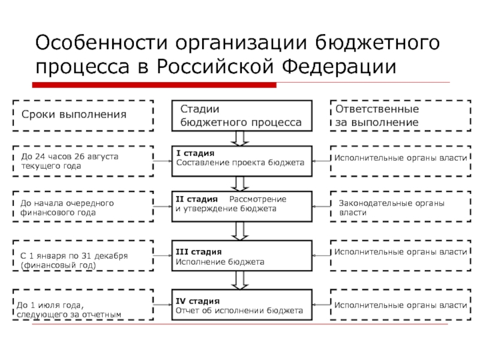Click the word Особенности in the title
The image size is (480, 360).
point(101,42)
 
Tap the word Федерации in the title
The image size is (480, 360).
point(339,67)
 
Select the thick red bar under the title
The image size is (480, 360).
point(154,85)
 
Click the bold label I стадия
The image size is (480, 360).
point(196,153)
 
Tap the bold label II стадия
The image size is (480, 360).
point(197,199)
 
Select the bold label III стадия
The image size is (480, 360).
point(199,251)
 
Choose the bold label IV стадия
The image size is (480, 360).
point(198,301)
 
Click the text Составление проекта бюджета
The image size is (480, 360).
point(241,163)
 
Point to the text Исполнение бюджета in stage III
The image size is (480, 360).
point(220,262)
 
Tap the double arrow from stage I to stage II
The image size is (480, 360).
point(240,184)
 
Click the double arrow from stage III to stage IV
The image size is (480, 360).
point(240,280)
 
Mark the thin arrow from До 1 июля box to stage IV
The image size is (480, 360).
point(163,305)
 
